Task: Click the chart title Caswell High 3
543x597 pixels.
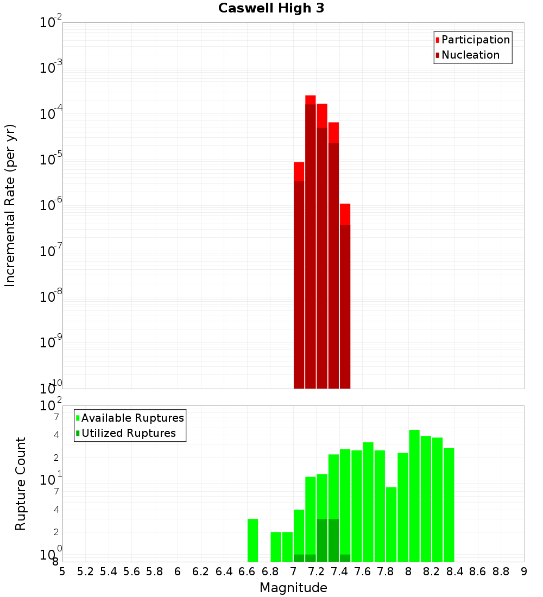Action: coord(271,9)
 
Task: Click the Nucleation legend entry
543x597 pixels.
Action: coord(470,55)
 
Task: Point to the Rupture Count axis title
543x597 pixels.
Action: coord(21,484)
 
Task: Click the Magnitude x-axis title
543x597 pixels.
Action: coord(293,588)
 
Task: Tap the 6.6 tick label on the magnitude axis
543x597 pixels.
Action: coord(247,571)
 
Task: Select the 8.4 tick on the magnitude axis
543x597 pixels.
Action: coord(455,571)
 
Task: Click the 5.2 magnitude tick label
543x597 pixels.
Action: coord(85,571)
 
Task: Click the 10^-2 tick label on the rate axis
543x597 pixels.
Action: coord(51,23)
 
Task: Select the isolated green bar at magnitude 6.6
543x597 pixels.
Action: coord(252,540)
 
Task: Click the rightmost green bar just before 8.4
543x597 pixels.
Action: coord(449,505)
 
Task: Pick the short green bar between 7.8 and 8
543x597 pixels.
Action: coord(391,524)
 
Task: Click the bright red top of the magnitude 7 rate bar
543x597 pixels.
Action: coord(299,171)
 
